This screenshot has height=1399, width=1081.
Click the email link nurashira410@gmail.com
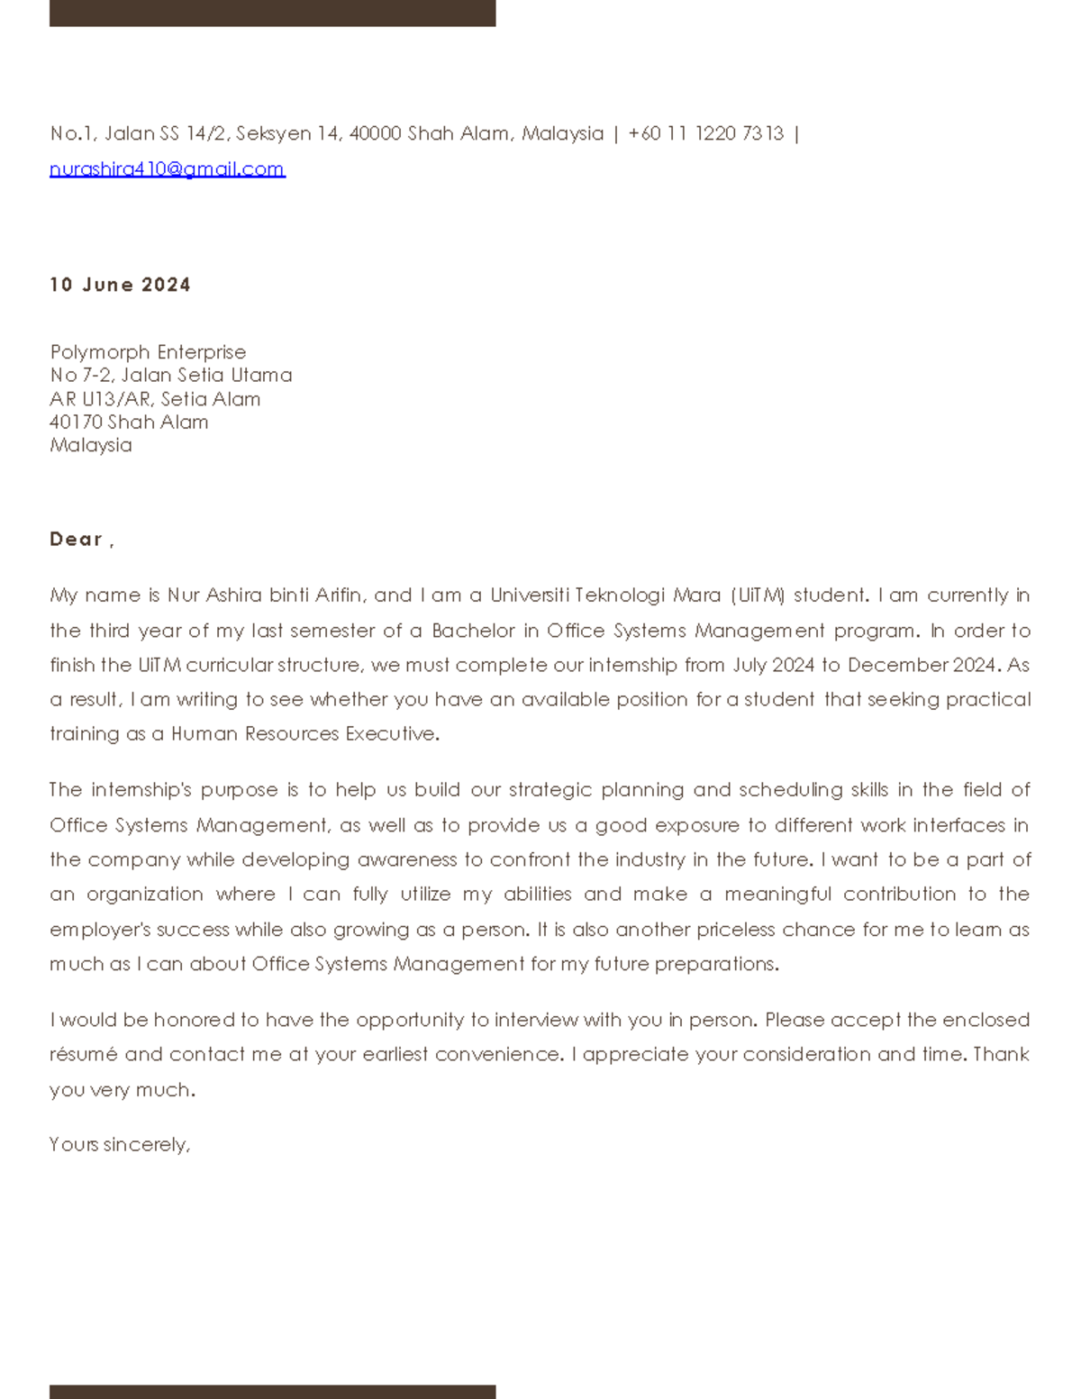pos(167,169)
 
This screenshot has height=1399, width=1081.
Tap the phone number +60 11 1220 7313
pos(705,134)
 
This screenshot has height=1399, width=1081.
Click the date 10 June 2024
pos(120,285)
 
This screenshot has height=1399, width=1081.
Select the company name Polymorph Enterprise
pos(148,352)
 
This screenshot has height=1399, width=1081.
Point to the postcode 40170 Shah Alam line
pos(129,422)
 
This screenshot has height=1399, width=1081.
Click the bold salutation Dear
pos(77,540)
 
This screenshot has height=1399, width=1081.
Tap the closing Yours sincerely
pos(119,1145)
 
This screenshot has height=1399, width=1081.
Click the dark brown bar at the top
pos(272,13)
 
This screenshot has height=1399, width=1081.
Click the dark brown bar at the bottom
pos(272,1391)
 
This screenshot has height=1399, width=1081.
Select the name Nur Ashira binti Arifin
pos(266,595)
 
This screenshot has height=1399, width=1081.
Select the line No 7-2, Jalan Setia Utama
pos(171,376)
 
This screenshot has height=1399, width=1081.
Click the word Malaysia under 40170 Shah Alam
pos(91,446)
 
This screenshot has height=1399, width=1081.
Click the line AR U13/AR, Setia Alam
pos(155,399)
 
